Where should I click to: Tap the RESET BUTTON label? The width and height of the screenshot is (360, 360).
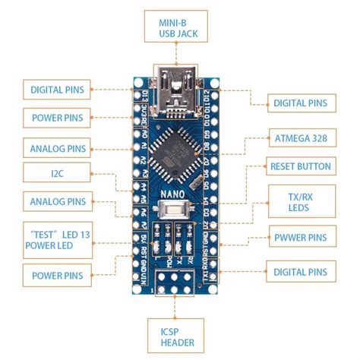click(301, 166)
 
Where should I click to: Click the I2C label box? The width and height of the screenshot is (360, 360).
click(57, 174)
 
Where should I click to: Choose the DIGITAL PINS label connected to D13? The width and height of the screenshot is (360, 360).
click(57, 90)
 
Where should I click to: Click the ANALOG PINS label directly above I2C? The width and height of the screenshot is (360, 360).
click(58, 147)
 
